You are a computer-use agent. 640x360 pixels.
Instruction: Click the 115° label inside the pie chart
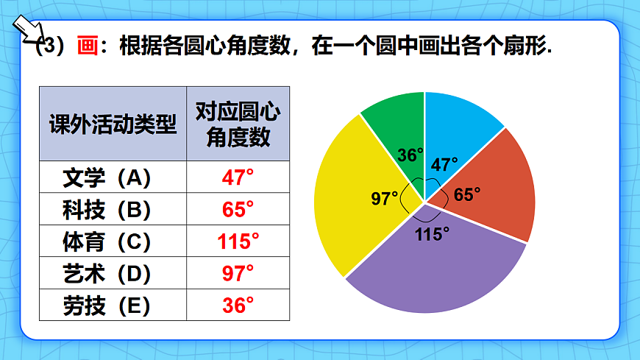click(432, 234)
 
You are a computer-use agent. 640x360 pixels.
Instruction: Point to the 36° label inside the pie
click(410, 155)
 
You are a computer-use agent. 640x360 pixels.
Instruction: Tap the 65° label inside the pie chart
click(467, 194)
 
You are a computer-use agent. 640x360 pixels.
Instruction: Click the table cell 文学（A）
click(113, 177)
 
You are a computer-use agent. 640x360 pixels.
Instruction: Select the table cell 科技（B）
click(113, 210)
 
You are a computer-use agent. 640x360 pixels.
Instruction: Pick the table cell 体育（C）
click(113, 241)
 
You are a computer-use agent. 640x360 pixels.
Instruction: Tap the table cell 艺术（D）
click(113, 273)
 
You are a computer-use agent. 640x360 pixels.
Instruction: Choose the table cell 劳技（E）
click(113, 305)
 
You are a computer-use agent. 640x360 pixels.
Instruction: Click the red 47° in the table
click(238, 177)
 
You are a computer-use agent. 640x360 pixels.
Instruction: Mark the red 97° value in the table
click(238, 273)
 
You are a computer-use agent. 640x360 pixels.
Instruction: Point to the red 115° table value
click(238, 241)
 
